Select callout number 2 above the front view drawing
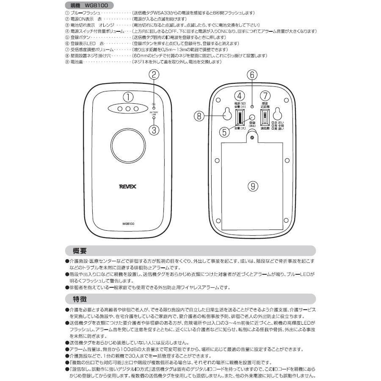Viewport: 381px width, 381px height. pos(155,75)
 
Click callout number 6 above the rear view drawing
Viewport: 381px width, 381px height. pos(252,75)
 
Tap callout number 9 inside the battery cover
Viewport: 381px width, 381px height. pos(253,186)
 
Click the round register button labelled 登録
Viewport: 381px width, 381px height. pos(252,119)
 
